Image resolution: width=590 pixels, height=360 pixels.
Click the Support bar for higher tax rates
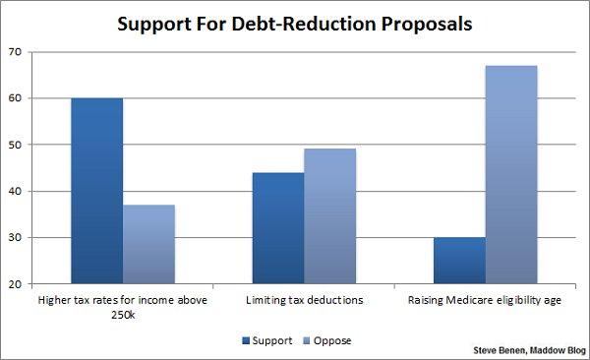click(x=96, y=191)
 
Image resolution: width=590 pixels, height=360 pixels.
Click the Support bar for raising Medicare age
click(x=459, y=261)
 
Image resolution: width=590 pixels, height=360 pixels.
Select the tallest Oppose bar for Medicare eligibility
click(x=511, y=175)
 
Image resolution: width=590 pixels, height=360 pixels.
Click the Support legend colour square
click(x=246, y=340)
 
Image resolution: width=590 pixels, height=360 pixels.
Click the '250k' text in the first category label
click(x=122, y=314)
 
